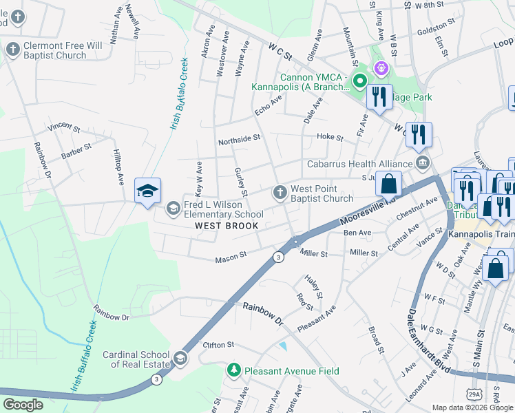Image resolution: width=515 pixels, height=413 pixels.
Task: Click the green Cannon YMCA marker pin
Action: point(359,83)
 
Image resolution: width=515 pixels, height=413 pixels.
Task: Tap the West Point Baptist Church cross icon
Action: point(280,193)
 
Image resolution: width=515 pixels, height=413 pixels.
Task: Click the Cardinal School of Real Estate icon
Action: point(180,357)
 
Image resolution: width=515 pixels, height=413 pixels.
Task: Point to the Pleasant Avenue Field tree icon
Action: point(234,371)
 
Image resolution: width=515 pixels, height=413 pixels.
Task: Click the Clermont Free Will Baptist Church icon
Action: point(12,50)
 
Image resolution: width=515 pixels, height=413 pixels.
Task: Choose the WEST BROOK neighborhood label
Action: point(227,226)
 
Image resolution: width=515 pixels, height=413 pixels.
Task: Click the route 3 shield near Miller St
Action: point(278,257)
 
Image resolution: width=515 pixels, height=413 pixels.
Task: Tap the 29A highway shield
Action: point(474,394)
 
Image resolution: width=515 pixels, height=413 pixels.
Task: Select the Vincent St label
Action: point(64,128)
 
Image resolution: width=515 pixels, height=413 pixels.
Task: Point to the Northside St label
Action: point(239,138)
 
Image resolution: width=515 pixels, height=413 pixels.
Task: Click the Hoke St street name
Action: point(330,138)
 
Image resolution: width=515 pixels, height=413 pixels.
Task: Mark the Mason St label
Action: point(231,258)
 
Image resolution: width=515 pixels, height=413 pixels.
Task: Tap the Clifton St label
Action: point(218,344)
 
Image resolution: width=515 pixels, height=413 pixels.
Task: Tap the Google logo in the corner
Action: point(23,405)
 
